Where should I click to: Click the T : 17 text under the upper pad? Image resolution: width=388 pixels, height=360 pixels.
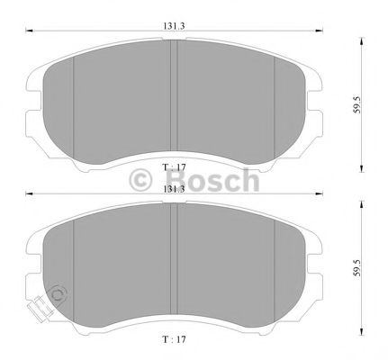(173, 168)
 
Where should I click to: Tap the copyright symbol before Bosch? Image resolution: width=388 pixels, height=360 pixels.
(143, 180)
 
